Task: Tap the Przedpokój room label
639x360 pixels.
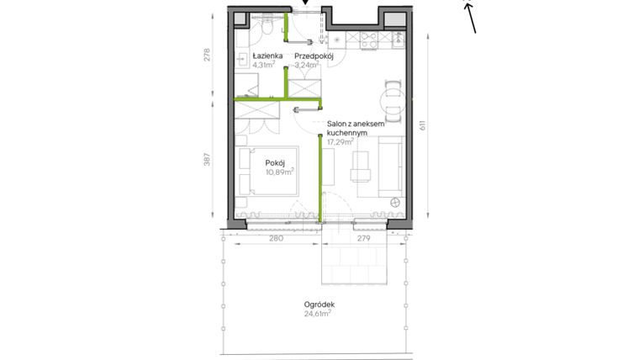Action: pyautogui.click(x=314, y=56)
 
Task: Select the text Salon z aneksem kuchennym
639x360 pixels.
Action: pyautogui.click(x=355, y=128)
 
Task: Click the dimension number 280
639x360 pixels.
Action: pyautogui.click(x=275, y=239)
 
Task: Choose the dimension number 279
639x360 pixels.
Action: pyautogui.click(x=364, y=239)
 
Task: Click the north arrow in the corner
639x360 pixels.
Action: pyautogui.click(x=470, y=16)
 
